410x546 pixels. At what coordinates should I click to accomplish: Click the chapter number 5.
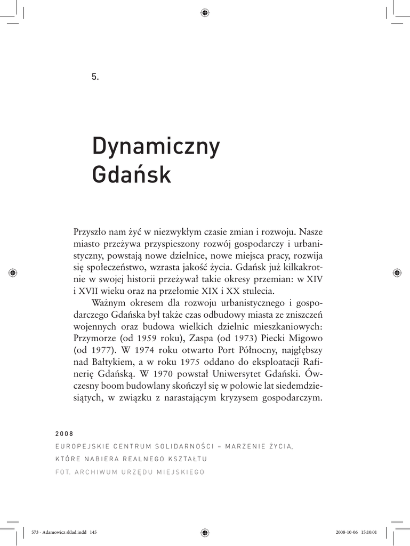(95, 77)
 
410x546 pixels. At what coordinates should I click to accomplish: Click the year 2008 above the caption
(64, 433)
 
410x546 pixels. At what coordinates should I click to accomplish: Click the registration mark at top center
(205, 13)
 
